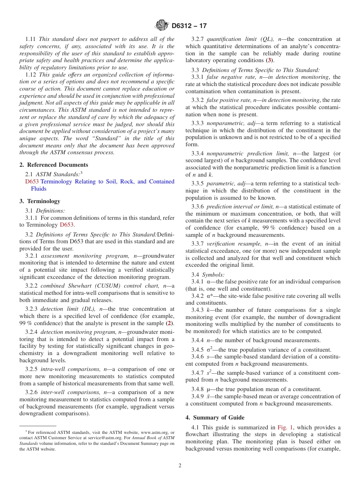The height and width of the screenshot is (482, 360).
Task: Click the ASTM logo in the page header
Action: [162, 26]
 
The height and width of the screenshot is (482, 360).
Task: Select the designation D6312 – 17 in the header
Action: [189, 26]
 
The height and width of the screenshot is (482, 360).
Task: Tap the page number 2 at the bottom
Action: [180, 466]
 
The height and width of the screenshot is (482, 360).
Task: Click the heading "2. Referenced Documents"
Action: [54, 165]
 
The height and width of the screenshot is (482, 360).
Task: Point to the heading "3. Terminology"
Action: [40, 201]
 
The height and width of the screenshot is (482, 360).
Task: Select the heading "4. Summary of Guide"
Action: [215, 418]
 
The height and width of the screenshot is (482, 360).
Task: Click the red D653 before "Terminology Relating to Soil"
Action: [32, 182]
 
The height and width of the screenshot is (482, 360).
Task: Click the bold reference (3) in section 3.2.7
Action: [269, 61]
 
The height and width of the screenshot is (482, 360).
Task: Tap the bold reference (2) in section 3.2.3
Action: [170, 323]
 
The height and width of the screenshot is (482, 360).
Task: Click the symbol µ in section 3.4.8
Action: [208, 389]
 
